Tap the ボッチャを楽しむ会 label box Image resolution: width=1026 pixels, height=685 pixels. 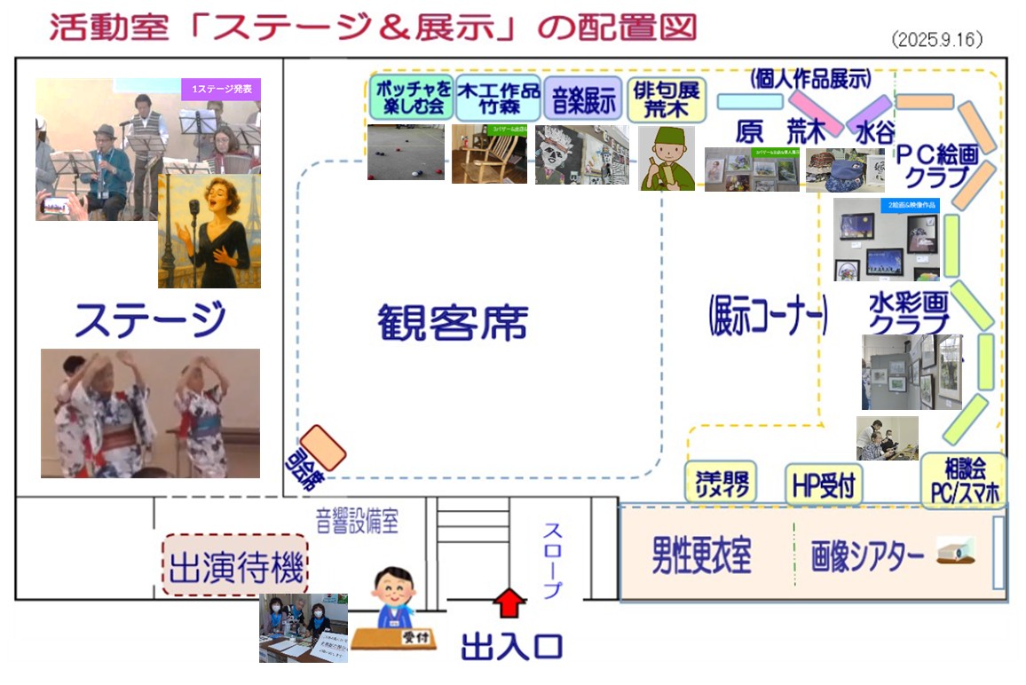click(411, 98)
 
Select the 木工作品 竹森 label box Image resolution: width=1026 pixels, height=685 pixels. click(498, 98)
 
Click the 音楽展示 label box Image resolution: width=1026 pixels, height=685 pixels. click(583, 99)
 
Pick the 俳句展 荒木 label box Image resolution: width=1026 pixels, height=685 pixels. click(666, 99)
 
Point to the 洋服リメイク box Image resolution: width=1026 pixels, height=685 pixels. click(721, 483)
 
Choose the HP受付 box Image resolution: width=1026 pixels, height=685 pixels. click(824, 484)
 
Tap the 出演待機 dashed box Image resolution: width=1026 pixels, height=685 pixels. click(235, 564)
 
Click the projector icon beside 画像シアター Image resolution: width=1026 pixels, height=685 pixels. click(956, 553)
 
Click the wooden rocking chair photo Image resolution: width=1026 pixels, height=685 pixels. click(489, 154)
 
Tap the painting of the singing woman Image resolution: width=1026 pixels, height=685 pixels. click(209, 230)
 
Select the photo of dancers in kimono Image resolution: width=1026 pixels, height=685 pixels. click(150, 413)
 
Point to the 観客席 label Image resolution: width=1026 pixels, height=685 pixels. click(453, 323)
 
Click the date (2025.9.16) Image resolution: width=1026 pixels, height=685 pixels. click(938, 41)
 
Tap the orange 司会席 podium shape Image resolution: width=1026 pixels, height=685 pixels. click(322, 448)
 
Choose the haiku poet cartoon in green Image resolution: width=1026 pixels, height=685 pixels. click(667, 158)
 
